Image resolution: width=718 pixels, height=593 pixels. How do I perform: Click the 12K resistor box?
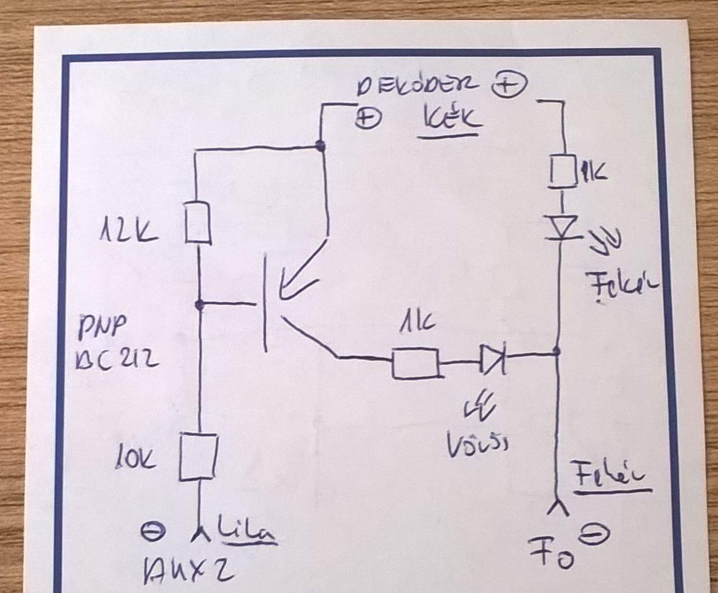point(199,222)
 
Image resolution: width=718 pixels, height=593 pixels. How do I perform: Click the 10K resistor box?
point(198,456)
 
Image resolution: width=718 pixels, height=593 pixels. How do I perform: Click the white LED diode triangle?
point(563,227)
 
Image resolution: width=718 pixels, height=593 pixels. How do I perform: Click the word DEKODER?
point(416,87)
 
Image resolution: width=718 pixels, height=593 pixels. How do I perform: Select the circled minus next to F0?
point(594,534)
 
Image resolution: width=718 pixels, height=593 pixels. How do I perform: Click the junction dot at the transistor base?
point(199,305)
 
